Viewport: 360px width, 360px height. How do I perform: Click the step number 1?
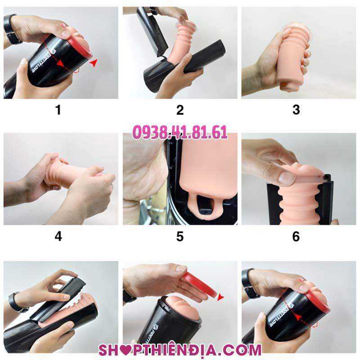tap(58, 110)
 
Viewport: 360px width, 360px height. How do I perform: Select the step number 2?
tap(180, 110)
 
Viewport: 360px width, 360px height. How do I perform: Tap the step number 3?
tap(296, 110)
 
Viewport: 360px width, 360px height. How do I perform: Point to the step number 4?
tap(58, 236)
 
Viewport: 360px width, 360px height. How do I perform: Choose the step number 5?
tap(180, 236)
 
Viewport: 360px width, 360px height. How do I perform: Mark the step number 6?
tap(296, 236)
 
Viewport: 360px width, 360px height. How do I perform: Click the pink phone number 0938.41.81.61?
tap(180, 132)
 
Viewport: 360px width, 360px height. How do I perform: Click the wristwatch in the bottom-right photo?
tap(249, 283)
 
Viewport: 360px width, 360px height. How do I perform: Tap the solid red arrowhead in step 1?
tap(94, 63)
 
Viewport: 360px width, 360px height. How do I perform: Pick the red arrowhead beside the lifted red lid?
tap(220, 297)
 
